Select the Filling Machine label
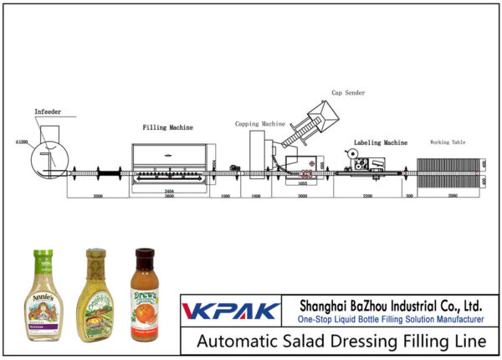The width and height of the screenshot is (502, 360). (167, 128)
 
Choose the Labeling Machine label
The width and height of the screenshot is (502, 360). (380, 142)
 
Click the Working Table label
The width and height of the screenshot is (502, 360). (448, 142)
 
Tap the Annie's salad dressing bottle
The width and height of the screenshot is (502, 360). (44, 297)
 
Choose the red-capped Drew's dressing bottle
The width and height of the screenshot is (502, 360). (146, 296)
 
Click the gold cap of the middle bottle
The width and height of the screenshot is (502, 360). (96, 253)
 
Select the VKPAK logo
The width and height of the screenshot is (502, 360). (231, 311)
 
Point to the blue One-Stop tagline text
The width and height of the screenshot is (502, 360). (390, 320)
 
